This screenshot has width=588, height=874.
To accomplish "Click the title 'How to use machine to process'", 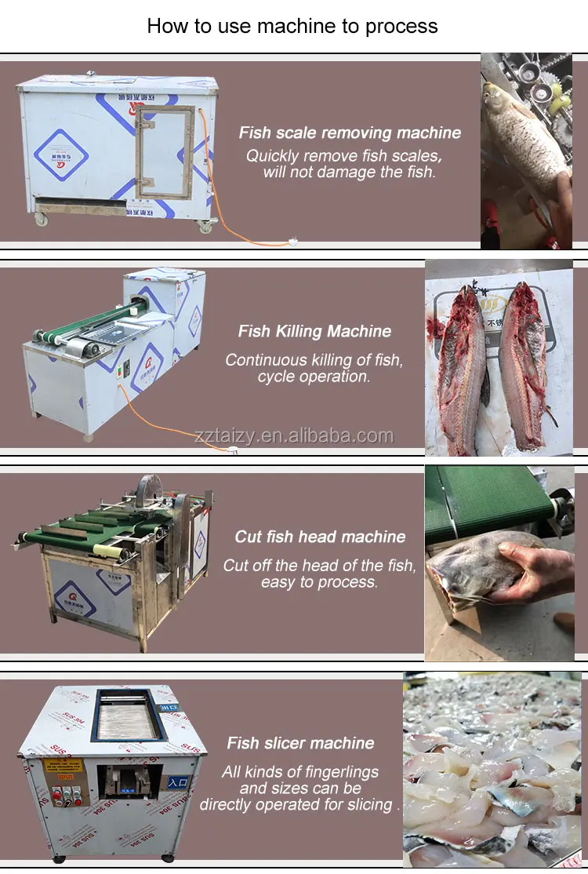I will [x=292, y=26].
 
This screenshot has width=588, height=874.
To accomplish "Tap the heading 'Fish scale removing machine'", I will [x=350, y=133].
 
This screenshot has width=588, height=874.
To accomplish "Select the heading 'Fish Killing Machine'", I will [x=314, y=331].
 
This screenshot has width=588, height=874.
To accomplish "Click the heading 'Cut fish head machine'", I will [x=320, y=537].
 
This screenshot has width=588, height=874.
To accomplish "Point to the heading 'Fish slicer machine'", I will [x=300, y=743].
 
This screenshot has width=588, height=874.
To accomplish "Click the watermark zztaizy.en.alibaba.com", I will [x=294, y=436].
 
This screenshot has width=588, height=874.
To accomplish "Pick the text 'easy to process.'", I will [x=319, y=582].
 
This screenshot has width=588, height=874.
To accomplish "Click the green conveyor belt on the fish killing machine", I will [x=86, y=326].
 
